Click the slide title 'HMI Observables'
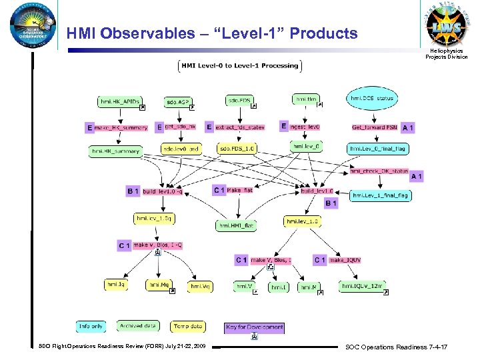(x=211, y=33)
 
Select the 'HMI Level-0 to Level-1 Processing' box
(x=240, y=65)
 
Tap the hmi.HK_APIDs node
(x=121, y=102)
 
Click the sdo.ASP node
(x=178, y=102)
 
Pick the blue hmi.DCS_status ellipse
(x=371, y=99)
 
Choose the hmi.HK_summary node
(x=116, y=151)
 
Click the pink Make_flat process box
(x=241, y=190)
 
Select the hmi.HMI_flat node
(x=236, y=225)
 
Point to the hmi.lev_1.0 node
(x=302, y=221)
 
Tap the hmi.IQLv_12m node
(x=363, y=286)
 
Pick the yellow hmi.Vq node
(x=201, y=286)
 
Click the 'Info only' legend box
(x=92, y=326)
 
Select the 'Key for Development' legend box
(x=255, y=327)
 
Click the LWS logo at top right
(x=443, y=27)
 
